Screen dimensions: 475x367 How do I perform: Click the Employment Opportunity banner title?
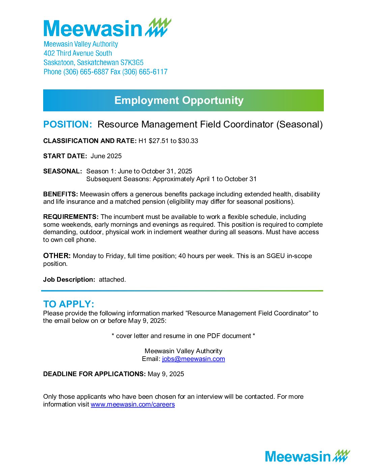point(179,100)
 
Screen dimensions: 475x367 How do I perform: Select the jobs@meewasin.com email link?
point(193,359)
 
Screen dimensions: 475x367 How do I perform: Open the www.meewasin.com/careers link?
point(133,404)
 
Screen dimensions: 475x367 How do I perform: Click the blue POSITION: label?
point(67,124)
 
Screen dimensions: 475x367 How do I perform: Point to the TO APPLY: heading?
point(68,304)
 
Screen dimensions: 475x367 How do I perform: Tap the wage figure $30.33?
point(188,141)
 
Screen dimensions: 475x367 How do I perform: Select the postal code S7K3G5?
point(132,62)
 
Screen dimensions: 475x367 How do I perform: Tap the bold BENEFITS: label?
point(60,194)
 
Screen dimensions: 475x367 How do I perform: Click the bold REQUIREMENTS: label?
point(71,217)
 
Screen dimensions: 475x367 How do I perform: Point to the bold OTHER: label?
point(57,256)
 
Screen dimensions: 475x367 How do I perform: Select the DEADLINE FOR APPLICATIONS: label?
point(94,374)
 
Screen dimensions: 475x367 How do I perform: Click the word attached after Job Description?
point(112,279)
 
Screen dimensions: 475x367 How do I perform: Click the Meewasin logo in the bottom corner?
point(307,456)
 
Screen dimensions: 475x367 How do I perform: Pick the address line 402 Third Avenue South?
point(78,53)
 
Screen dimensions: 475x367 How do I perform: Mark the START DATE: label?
point(65,156)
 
